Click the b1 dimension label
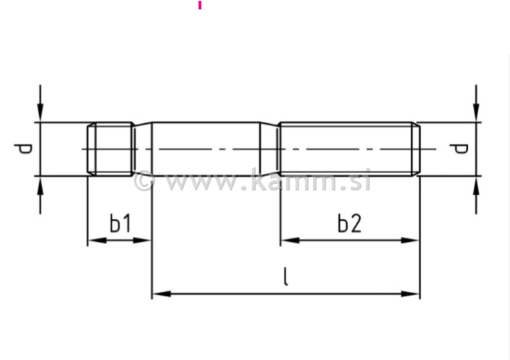pyautogui.click(x=120, y=225)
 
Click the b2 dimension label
pyautogui.click(x=349, y=224)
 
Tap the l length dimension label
pyautogui.click(x=285, y=277)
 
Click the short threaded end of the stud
pyautogui.click(x=110, y=148)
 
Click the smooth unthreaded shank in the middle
pyautogui.click(x=206, y=148)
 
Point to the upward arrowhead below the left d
pyautogui.click(x=41, y=185)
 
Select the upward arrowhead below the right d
pyautogui.click(x=476, y=185)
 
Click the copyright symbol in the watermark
pyautogui.click(x=143, y=180)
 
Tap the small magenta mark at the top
pyautogui.click(x=199, y=5)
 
